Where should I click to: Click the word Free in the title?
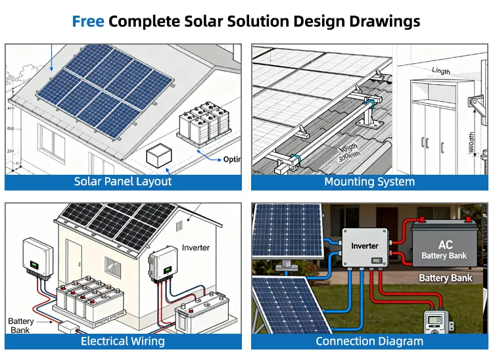pyautogui.click(x=88, y=21)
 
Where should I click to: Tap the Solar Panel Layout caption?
pyautogui.click(x=123, y=182)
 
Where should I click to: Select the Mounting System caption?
pyautogui.click(x=369, y=182)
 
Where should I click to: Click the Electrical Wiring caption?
pyautogui.click(x=123, y=341)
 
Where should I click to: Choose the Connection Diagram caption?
pyautogui.click(x=369, y=341)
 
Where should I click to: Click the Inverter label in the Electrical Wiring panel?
pyautogui.click(x=196, y=248)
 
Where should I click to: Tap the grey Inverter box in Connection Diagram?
pyautogui.click(x=365, y=250)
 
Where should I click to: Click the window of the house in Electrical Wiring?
pyautogui.click(x=113, y=266)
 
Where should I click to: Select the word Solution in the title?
pyautogui.click(x=253, y=21)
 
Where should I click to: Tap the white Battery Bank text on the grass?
pyautogui.click(x=446, y=278)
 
